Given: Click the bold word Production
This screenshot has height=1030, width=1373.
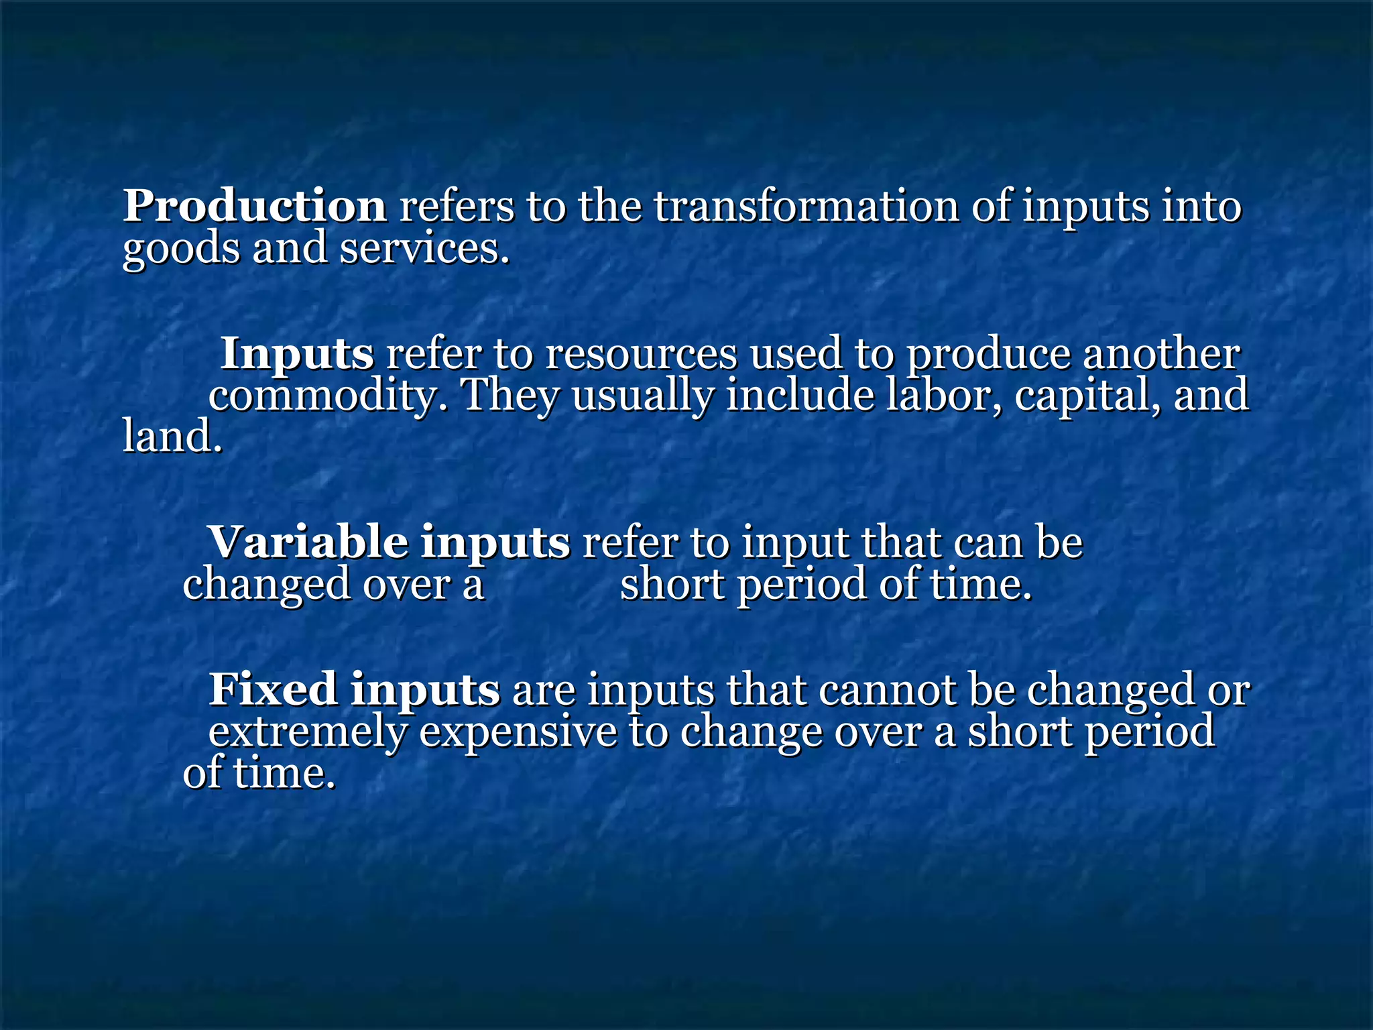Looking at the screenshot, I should (254, 206).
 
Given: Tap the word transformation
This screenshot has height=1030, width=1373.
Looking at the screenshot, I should (807, 206).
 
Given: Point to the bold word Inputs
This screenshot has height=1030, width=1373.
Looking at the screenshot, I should (297, 354).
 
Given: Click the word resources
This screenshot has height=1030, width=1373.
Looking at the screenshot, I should (640, 354).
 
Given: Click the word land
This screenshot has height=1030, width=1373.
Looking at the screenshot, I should (172, 437).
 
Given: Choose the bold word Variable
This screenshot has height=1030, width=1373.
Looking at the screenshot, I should (308, 542).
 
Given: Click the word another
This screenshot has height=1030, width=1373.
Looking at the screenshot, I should (1161, 354).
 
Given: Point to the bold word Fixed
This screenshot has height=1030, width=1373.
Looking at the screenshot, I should (273, 689).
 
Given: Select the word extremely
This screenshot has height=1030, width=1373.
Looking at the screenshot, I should (308, 732).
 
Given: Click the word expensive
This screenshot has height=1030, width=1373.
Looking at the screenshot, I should (518, 732).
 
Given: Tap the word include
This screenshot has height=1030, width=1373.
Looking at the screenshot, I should (800, 395).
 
